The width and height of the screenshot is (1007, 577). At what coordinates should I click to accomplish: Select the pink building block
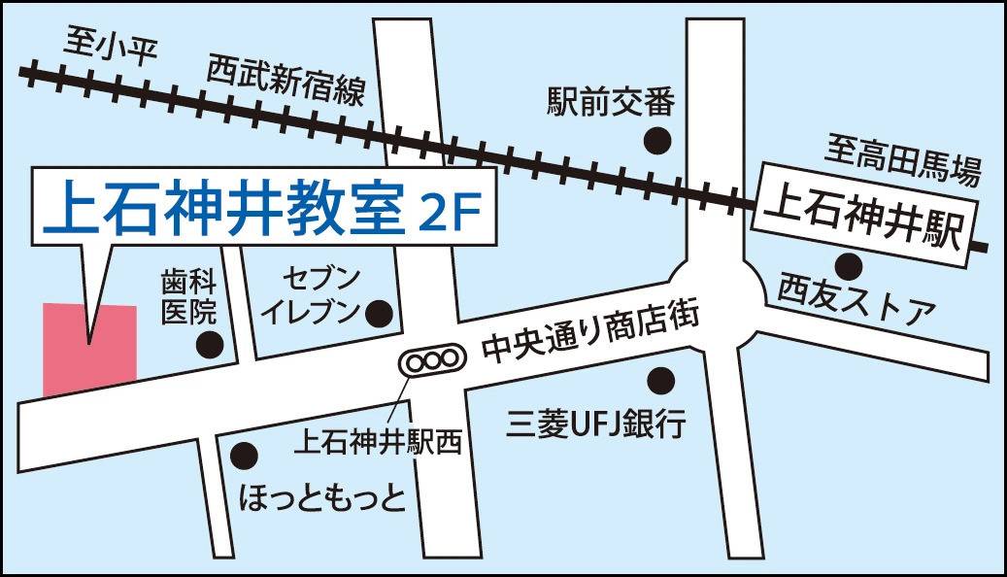pyautogui.click(x=89, y=348)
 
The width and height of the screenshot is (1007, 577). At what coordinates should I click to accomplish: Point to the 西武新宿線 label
pyautogui.click(x=285, y=82)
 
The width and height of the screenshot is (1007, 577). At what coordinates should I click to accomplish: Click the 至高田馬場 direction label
pyautogui.click(x=903, y=161)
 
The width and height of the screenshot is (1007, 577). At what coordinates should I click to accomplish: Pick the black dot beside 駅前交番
pyautogui.click(x=658, y=140)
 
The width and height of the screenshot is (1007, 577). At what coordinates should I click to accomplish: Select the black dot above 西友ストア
pyautogui.click(x=849, y=263)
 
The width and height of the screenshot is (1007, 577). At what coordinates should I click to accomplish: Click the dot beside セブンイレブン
pyautogui.click(x=378, y=313)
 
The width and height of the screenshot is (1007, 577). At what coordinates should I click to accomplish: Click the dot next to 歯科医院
pyautogui.click(x=210, y=344)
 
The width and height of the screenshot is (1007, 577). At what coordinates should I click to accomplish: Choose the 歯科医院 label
pyautogui.click(x=187, y=299)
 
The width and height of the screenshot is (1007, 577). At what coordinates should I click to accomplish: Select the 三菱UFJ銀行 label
pyautogui.click(x=596, y=424)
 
